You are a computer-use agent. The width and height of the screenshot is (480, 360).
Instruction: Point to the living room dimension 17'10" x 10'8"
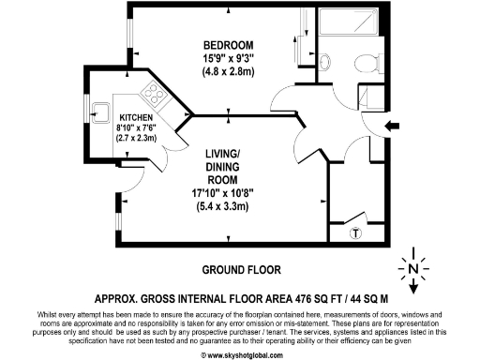point(230,194)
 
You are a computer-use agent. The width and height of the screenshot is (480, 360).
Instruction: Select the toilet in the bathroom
point(363,63)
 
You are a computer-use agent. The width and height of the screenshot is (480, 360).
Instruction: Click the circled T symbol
point(354,233)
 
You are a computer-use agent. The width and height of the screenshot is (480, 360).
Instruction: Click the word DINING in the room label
point(230,168)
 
